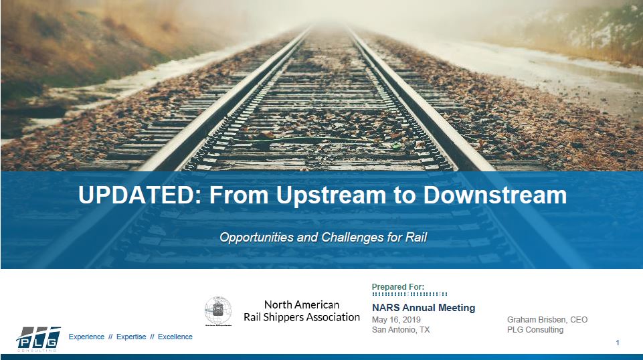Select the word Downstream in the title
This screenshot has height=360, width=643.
pos(495,195)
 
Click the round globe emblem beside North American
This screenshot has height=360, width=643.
pos(218,311)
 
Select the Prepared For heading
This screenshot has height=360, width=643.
pos(397,286)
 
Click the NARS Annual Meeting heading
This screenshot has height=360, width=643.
pos(423,308)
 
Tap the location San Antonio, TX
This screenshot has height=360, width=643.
pos(401,330)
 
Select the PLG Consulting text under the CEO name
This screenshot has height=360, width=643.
pos(535,330)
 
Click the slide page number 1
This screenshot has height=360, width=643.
pos(617,343)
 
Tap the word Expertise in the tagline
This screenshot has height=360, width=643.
pos(131,337)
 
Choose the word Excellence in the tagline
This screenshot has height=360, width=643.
pos(175,337)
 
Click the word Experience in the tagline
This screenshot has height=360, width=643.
pos(87,337)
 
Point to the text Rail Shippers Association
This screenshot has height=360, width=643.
pos(301,317)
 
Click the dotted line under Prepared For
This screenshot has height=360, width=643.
pos(409,294)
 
